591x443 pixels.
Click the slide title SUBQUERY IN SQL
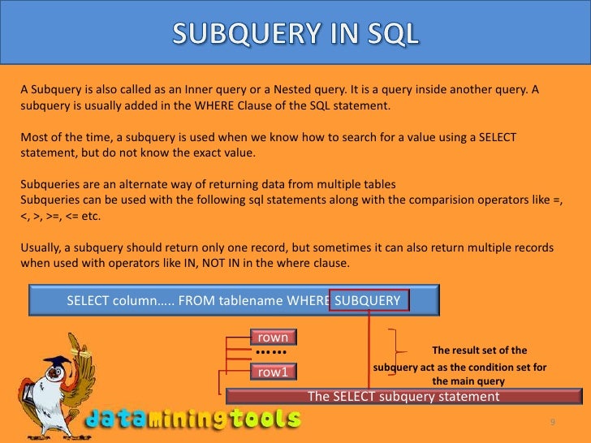coord(295,33)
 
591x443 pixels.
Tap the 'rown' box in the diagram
coord(274,337)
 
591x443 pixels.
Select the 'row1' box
coord(274,372)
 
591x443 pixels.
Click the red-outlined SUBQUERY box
coord(369,301)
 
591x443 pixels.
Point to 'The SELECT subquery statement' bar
coord(403,397)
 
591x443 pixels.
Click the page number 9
coord(552,423)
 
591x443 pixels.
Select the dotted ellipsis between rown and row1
coord(270,354)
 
